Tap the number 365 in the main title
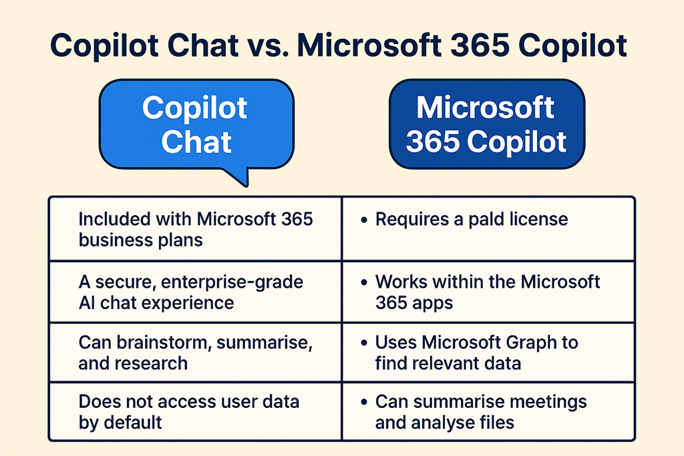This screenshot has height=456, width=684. coord(480,45)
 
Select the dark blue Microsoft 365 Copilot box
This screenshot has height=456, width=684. coord(487,124)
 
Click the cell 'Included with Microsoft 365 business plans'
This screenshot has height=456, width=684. coord(195,229)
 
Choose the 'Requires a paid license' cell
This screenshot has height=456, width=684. coord(488,229)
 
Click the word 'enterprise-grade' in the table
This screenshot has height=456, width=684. coord(232,282)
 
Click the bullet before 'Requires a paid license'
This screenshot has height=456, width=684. coord(364,220)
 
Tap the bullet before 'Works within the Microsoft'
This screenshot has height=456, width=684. coord(364,282)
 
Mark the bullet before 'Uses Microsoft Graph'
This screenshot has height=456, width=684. coord(364,343)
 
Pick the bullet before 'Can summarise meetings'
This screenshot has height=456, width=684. coord(364,402)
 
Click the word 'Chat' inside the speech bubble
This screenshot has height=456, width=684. coord(196,142)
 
